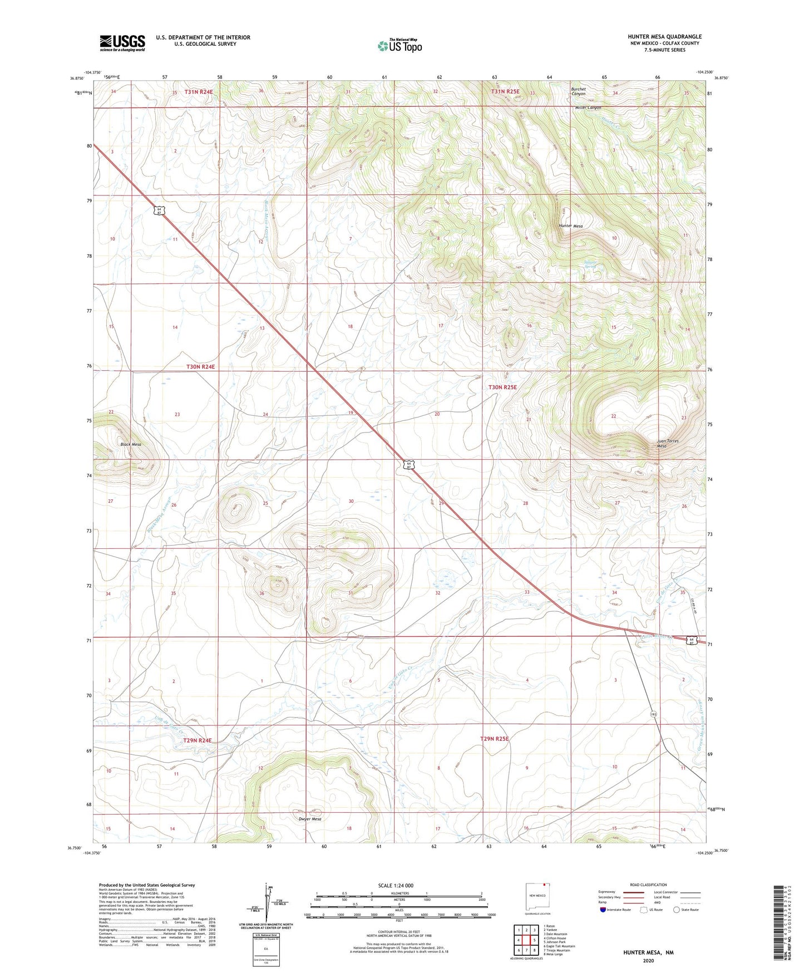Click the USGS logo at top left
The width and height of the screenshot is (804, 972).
click(122, 43)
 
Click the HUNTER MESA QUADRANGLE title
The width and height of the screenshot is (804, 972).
click(664, 37)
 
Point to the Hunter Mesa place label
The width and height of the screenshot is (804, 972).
click(570, 226)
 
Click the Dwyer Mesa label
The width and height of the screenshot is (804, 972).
click(310, 819)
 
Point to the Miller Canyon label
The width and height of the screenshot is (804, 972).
click(588, 107)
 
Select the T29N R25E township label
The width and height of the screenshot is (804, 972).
click(495, 739)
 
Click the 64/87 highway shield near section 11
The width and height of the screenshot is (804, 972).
click(159, 211)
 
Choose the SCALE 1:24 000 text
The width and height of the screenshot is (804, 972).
click(396, 885)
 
